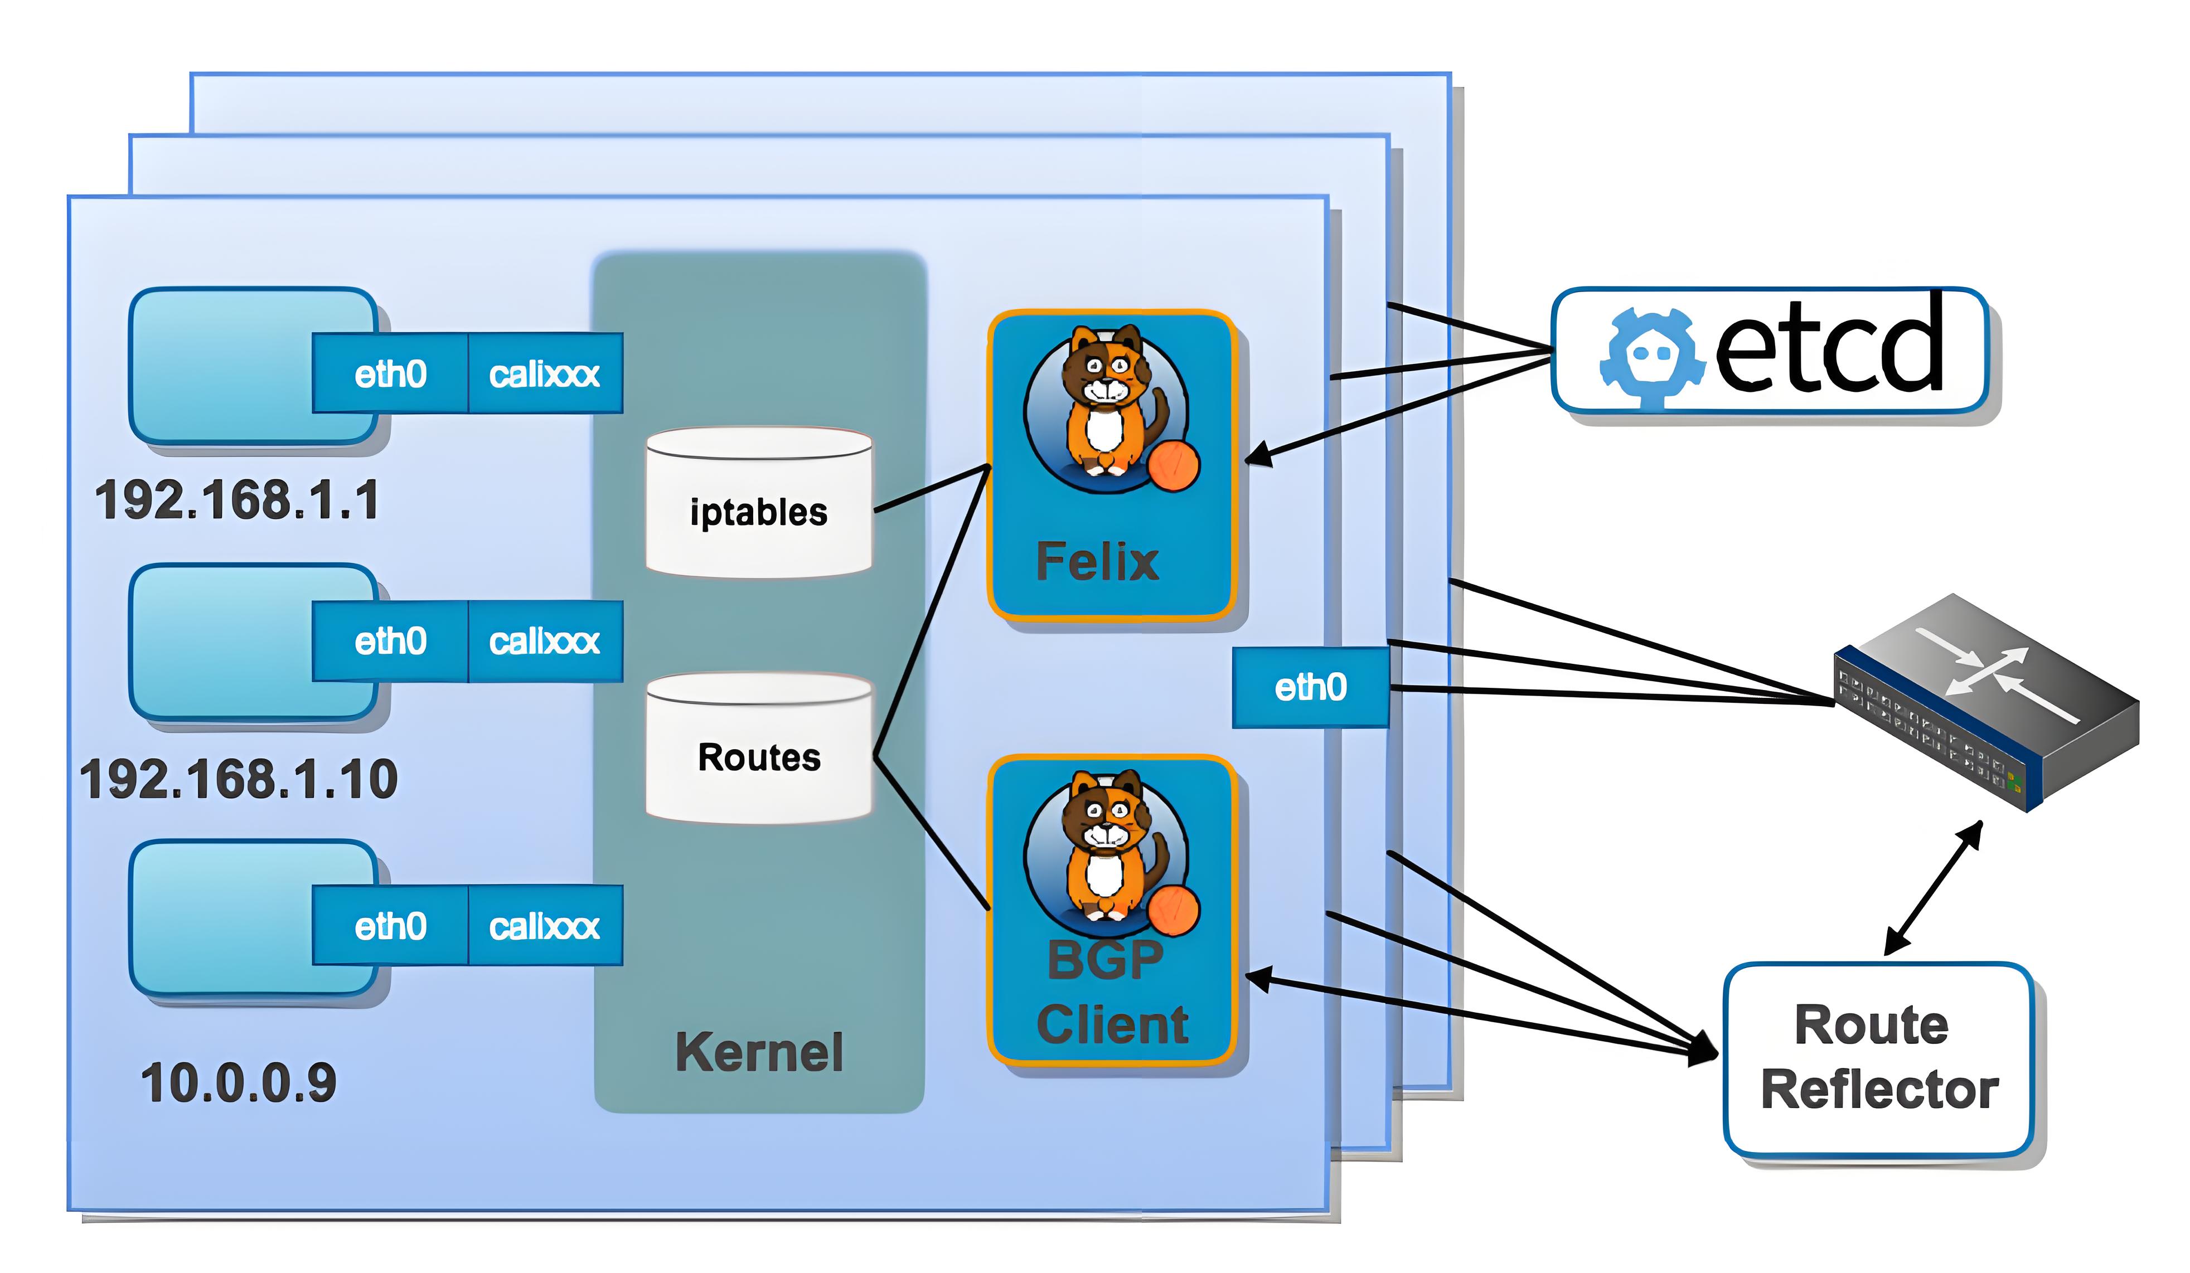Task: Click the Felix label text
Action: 1097,561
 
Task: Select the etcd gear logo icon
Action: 1648,356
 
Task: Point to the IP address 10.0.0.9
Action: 238,1083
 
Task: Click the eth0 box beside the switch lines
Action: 1310,687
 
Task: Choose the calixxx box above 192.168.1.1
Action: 545,373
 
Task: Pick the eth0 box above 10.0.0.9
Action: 390,926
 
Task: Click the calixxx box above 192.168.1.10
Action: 545,642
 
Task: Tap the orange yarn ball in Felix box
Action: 1173,465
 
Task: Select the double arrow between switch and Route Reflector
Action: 1934,887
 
